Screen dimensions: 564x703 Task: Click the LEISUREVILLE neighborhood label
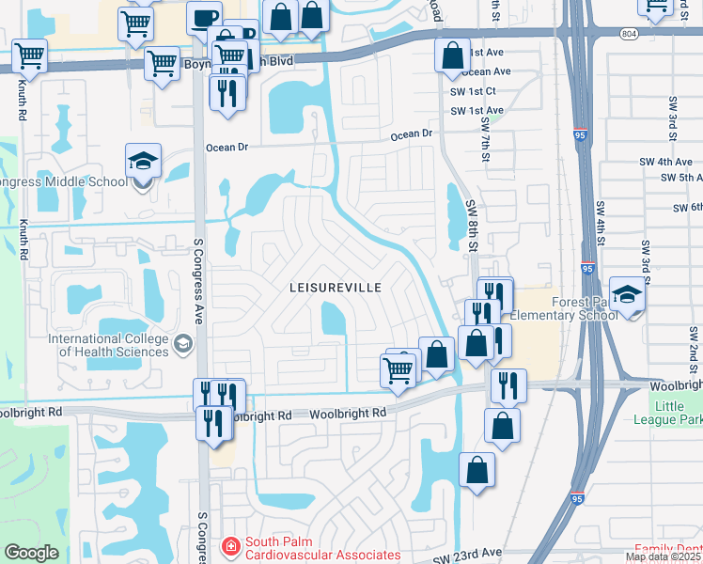pyautogui.click(x=335, y=288)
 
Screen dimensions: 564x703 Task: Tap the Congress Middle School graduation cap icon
pyautogui.click(x=144, y=161)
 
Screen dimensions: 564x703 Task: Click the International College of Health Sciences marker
pyautogui.click(x=182, y=346)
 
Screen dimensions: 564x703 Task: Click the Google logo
pyautogui.click(x=31, y=553)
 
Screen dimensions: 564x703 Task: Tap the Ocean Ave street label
pyautogui.click(x=486, y=71)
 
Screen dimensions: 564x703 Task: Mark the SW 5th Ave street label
pyautogui.click(x=681, y=177)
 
